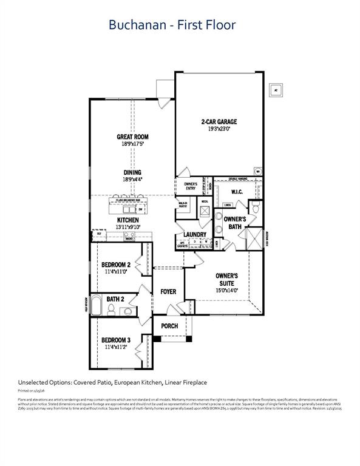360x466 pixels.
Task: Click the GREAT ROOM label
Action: click(132, 137)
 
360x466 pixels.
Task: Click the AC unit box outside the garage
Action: click(277, 89)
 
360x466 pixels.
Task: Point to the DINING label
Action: click(132, 172)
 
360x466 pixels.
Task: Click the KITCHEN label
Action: click(128, 220)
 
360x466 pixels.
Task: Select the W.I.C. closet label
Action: click(237, 192)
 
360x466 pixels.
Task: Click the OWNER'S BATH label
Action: click(234, 223)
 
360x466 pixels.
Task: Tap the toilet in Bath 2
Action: click(111, 311)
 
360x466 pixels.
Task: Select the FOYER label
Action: click(168, 292)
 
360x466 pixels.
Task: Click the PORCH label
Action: click(169, 326)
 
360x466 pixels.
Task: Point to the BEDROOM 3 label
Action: click(115, 340)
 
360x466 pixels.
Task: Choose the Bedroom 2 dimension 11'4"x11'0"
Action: click(115, 272)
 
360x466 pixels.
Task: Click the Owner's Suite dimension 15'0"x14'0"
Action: click(226, 290)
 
